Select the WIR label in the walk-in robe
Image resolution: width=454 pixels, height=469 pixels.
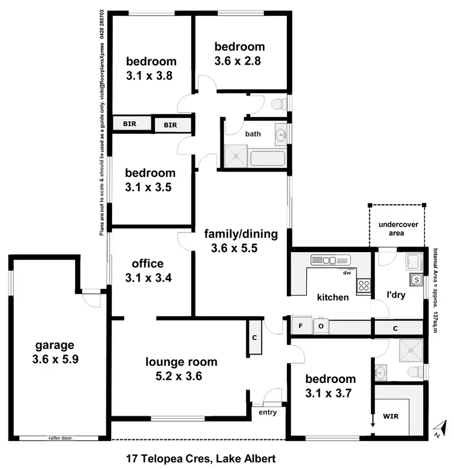tap(390, 417)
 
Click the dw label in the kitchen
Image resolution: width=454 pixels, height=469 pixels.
tap(347, 273)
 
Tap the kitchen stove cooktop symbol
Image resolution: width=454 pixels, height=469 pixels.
tap(363, 286)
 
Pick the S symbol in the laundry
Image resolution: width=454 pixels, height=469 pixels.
tap(416, 280)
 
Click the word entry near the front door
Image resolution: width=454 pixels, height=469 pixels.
tap(267, 413)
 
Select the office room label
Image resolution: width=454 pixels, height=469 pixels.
tap(148, 264)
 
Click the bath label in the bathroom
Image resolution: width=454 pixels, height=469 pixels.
tap(253, 134)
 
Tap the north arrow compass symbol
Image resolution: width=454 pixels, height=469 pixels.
tap(441, 430)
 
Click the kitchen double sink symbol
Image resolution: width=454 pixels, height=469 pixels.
tap(330, 260)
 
